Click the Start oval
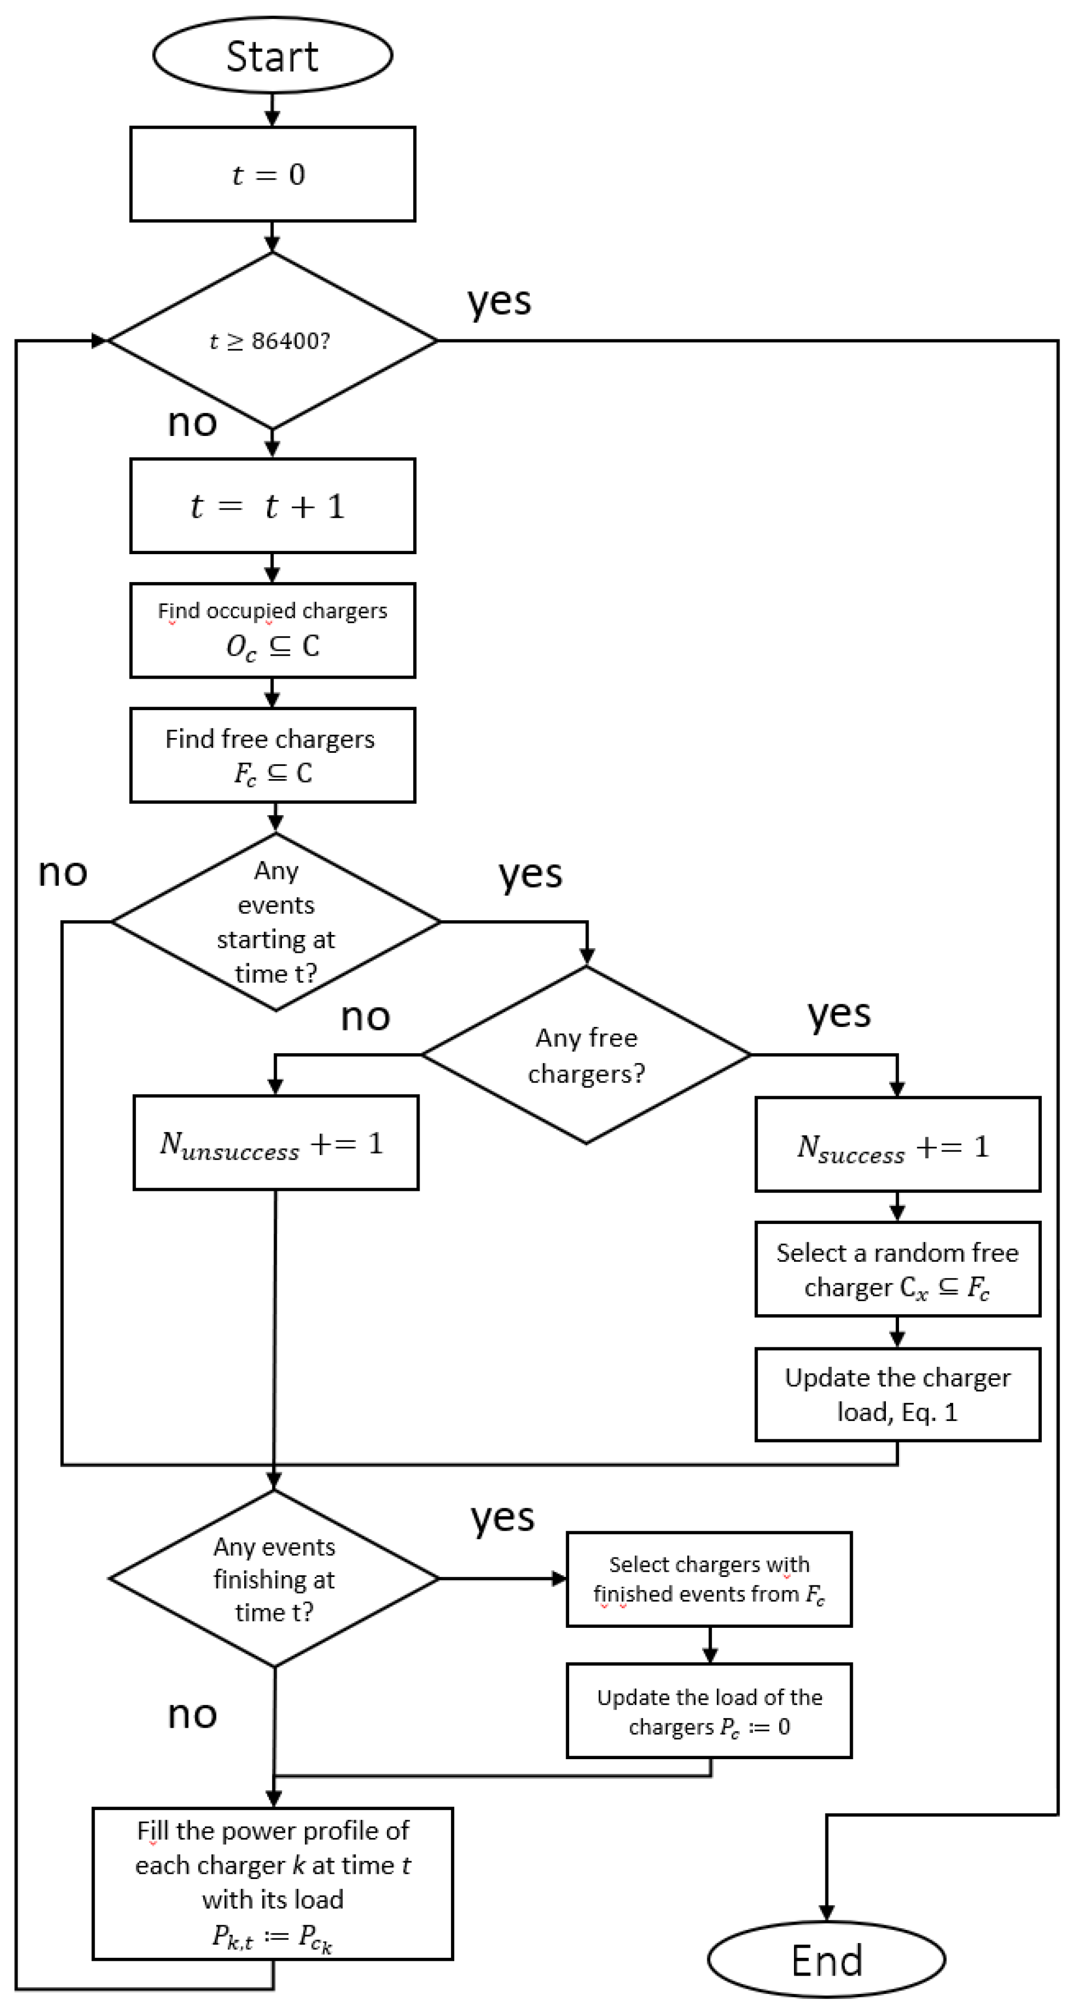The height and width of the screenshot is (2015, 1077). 272,56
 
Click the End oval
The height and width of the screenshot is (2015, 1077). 827,1959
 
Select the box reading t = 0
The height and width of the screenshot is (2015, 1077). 272,174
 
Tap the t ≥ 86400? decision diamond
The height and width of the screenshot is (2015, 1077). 272,341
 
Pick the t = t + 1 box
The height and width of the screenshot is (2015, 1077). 272,506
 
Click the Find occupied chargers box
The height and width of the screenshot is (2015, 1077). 272,630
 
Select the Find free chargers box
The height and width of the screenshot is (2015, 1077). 272,755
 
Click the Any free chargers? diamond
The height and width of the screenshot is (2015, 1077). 587,1055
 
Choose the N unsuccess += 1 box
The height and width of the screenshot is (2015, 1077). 275,1143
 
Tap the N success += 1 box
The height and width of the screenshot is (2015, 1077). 897,1145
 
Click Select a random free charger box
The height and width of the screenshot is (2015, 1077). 897,1270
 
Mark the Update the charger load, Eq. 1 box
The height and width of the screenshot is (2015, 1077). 897,1394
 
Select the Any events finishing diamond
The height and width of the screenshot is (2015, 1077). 274,1578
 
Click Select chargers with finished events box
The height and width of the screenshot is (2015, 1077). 708,1580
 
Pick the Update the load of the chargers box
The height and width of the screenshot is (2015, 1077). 708,1711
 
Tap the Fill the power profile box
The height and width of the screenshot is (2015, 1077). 272,1884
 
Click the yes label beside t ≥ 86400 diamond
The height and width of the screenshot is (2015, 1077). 499,301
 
